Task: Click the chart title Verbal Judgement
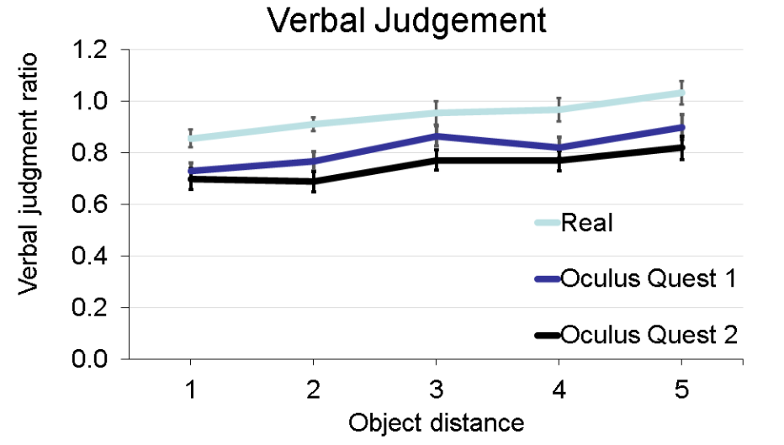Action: coord(407,20)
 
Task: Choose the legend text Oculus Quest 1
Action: coord(649,278)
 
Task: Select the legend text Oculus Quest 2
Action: coord(649,335)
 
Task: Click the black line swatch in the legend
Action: coord(548,335)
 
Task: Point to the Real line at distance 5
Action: coord(682,93)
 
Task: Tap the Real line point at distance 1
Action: coord(191,139)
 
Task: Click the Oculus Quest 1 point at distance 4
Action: coord(559,147)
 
